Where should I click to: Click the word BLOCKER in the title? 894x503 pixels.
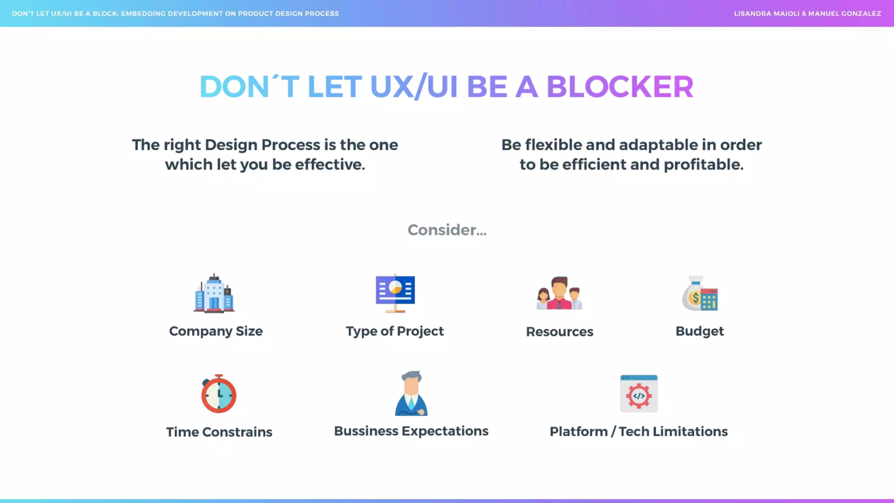tap(619, 86)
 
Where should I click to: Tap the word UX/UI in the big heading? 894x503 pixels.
tap(413, 86)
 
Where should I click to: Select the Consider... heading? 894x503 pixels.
tap(447, 230)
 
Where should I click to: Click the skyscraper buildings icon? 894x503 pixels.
tap(214, 293)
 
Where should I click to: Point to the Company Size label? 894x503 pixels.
tap(216, 331)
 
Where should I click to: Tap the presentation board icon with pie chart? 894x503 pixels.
tap(395, 293)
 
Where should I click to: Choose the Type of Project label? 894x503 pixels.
tap(395, 331)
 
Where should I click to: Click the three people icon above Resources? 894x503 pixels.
tap(559, 293)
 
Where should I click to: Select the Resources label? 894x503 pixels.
tap(559, 332)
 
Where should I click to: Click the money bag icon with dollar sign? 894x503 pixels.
tap(700, 294)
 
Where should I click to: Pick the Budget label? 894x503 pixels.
tap(699, 331)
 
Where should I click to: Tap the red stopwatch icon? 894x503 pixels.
tap(219, 394)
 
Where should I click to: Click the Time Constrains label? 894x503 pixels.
tap(219, 432)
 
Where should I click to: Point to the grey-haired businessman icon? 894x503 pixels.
tap(411, 393)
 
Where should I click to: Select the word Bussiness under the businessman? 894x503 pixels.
tap(366, 431)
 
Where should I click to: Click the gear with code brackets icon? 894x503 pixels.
tap(639, 393)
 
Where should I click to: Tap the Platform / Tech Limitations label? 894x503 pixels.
tap(638, 431)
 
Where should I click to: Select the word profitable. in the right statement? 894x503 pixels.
tap(703, 165)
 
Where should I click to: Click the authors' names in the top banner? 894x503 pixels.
tap(807, 14)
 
